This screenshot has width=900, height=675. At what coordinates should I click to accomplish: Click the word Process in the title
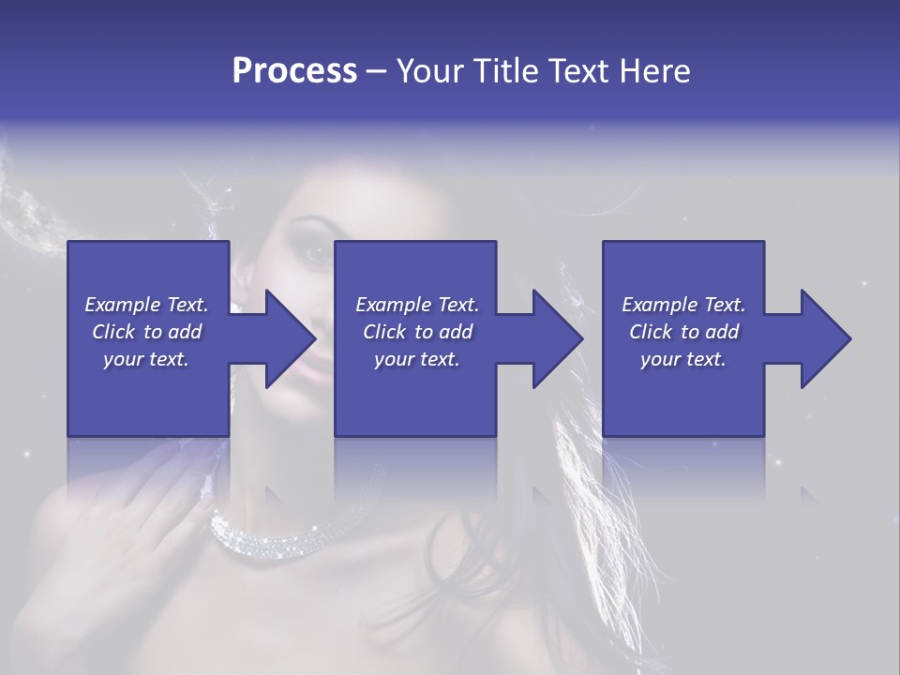[294, 71]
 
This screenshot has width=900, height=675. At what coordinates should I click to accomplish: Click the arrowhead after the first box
[289, 338]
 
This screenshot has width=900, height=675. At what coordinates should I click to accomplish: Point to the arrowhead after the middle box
[556, 338]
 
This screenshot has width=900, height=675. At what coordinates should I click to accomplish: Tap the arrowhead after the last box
[824, 338]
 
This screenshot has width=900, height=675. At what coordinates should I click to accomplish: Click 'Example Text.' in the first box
[146, 305]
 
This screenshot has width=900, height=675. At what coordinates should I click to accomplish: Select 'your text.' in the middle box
[416, 359]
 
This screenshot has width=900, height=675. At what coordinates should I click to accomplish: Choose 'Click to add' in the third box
[684, 332]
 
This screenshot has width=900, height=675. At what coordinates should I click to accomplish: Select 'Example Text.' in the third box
[683, 305]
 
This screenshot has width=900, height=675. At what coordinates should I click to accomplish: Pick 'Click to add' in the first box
[146, 332]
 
